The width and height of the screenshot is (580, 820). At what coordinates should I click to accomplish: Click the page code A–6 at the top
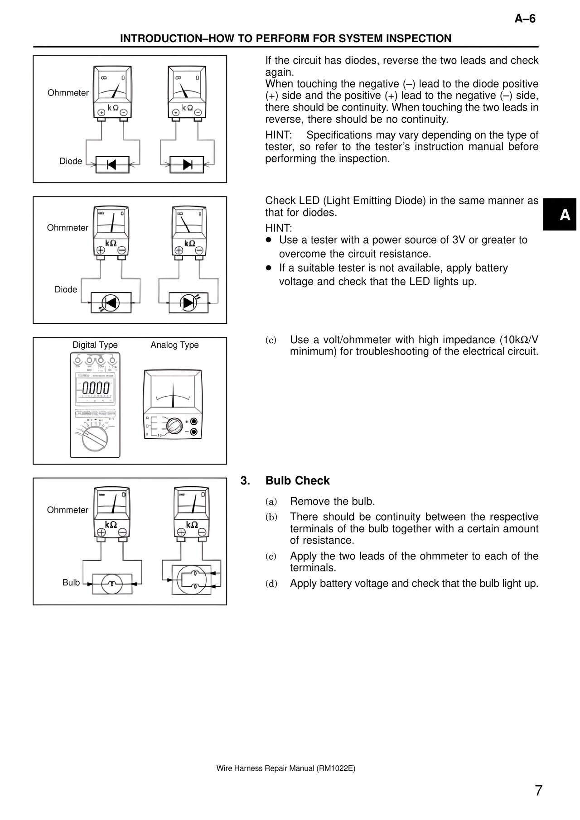click(525, 19)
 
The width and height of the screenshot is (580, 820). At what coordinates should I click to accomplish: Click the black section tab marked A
click(559, 215)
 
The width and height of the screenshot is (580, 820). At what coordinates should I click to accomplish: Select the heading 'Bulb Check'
click(297, 480)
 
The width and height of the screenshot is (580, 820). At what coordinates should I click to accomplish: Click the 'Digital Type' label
click(95, 345)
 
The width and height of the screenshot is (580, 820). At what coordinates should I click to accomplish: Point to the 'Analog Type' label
click(174, 345)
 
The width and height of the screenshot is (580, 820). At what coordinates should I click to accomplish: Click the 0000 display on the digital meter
click(96, 388)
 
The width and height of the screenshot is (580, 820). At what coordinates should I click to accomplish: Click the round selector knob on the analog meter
click(174, 426)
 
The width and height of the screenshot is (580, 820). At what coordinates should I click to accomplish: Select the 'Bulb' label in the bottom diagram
click(71, 583)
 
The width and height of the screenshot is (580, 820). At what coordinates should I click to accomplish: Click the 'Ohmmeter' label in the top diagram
click(68, 93)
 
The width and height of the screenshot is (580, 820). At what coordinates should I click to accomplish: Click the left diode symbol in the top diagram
click(112, 164)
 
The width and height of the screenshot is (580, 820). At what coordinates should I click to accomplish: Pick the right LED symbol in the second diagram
click(188, 302)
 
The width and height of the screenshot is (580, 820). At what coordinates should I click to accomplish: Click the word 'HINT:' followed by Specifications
click(278, 135)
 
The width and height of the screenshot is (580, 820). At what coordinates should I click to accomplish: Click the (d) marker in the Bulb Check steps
click(271, 584)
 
